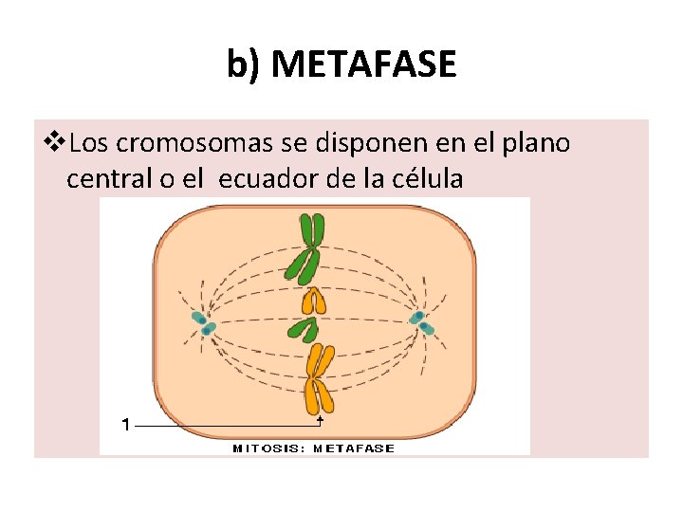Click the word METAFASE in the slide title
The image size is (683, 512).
368,65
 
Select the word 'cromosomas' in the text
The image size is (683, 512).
194,143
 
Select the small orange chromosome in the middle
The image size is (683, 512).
312,302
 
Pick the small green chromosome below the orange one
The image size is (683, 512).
304,329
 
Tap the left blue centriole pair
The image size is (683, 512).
203,323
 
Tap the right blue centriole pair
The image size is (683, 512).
423,323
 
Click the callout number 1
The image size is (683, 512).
125,426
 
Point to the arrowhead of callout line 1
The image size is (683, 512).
321,418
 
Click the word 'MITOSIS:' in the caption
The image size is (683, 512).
269,448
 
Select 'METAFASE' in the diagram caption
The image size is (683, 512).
353,448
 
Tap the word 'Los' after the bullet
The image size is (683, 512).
88,143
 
